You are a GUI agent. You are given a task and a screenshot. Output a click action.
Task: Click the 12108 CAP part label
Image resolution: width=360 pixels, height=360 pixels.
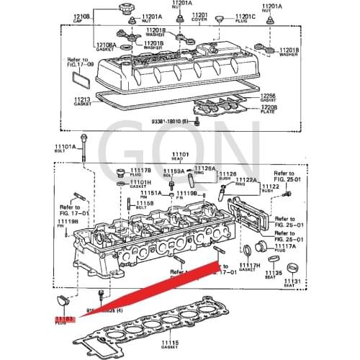(x=81, y=17)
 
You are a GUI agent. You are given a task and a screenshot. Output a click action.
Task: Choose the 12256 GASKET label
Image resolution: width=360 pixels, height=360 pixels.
(x=267, y=97)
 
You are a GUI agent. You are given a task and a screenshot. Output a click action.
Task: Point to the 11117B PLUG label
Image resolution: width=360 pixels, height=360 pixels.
(x=142, y=172)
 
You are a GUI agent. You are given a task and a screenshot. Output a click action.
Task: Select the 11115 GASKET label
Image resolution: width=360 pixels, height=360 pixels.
(x=170, y=343)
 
